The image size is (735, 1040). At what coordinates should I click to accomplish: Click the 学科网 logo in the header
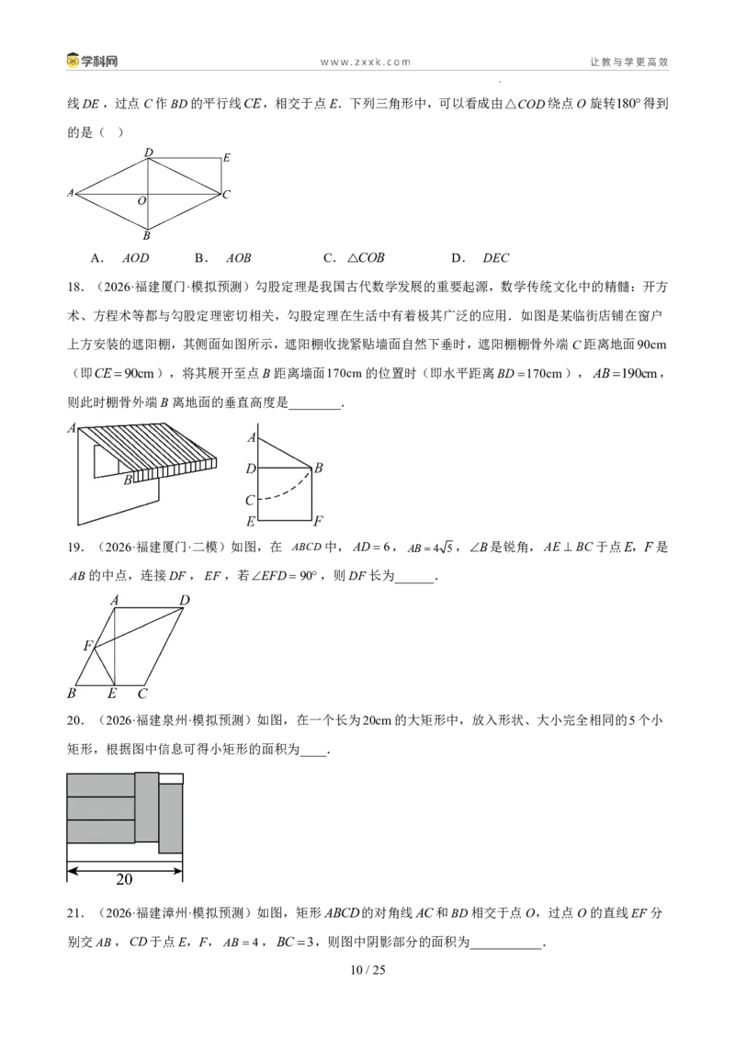click(x=92, y=61)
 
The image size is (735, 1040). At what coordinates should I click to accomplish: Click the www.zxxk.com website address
click(x=366, y=62)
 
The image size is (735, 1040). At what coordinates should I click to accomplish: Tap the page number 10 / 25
click(x=367, y=969)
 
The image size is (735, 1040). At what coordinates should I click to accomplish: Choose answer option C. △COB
click(x=354, y=258)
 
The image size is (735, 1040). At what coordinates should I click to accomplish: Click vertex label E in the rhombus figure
click(x=226, y=158)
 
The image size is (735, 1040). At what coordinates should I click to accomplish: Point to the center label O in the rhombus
click(x=141, y=200)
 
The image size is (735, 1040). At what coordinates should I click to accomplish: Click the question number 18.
click(x=75, y=287)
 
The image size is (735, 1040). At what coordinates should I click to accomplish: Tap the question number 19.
click(x=75, y=548)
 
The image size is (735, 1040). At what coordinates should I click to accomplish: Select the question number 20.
click(x=75, y=720)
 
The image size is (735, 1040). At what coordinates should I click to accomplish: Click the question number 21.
click(x=75, y=913)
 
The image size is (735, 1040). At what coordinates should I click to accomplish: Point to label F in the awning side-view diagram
click(x=318, y=521)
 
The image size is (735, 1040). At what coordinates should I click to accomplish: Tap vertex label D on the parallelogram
click(x=185, y=600)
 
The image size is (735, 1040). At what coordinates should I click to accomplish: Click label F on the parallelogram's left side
click(x=87, y=645)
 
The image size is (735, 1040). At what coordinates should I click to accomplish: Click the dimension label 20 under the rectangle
click(x=124, y=879)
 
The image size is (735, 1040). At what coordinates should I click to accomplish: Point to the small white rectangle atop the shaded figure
click(x=171, y=779)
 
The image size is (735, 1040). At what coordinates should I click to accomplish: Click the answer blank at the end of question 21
click(x=506, y=946)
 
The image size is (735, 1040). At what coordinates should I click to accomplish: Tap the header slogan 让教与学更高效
click(x=629, y=62)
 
